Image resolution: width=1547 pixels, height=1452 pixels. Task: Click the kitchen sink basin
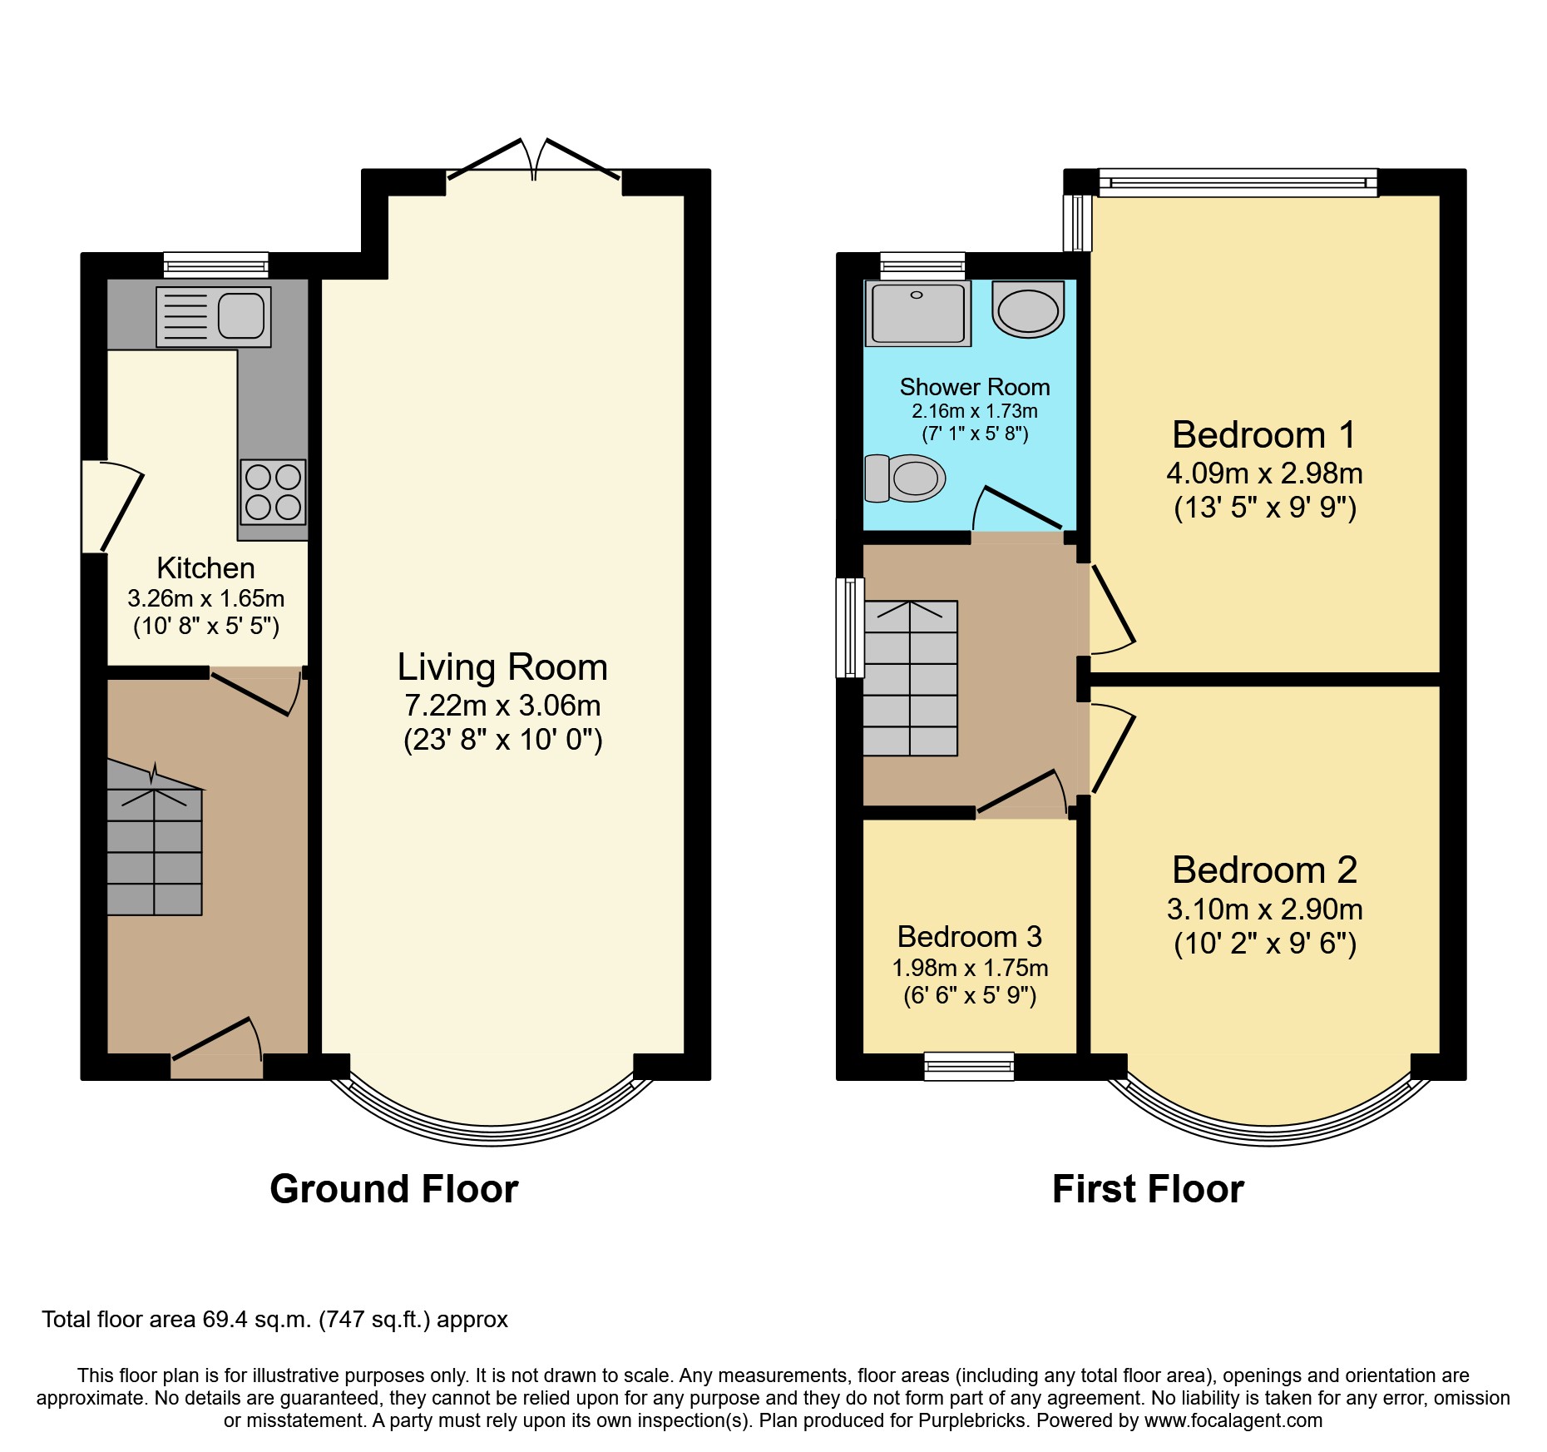(x=241, y=316)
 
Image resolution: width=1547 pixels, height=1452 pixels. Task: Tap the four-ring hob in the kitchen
(x=273, y=492)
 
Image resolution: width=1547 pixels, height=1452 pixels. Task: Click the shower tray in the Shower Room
(x=917, y=313)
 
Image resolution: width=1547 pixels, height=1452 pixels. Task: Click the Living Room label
(x=502, y=667)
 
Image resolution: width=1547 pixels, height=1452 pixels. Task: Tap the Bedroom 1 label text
(x=1263, y=435)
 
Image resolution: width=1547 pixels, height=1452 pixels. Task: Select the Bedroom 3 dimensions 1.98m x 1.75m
(x=970, y=968)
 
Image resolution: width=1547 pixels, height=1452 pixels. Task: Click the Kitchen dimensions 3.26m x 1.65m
(x=205, y=598)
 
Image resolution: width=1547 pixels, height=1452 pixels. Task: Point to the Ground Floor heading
(x=393, y=1188)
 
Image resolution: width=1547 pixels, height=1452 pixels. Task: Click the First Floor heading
(x=1147, y=1188)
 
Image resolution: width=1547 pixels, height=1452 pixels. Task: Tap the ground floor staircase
(x=155, y=849)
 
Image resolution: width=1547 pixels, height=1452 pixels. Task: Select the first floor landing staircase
(x=911, y=678)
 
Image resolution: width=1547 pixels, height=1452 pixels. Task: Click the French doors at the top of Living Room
(x=534, y=162)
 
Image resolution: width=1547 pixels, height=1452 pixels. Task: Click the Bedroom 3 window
(x=969, y=1066)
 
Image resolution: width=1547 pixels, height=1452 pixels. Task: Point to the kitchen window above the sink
(x=215, y=265)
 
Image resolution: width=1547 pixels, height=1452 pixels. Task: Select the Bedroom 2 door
(x=1112, y=749)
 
